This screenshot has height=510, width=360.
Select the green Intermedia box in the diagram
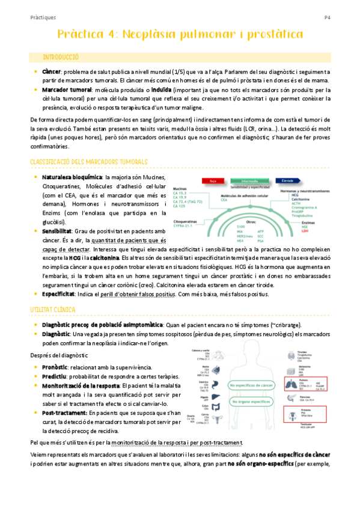click(248, 180)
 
